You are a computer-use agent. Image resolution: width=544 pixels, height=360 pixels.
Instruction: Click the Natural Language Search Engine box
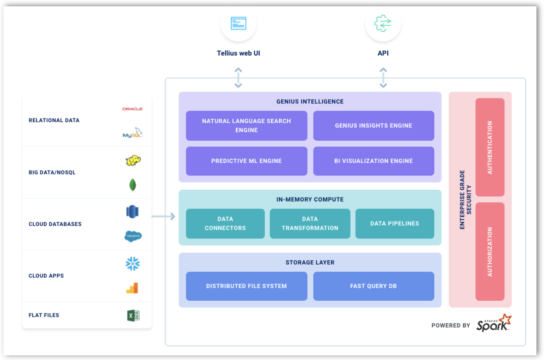pyautogui.click(x=246, y=125)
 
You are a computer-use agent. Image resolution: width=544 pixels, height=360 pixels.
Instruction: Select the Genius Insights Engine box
pyautogui.click(x=373, y=125)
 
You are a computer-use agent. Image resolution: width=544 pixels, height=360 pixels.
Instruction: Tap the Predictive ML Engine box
pyautogui.click(x=246, y=161)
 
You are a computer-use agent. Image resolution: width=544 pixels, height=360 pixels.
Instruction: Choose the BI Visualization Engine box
pyautogui.click(x=373, y=161)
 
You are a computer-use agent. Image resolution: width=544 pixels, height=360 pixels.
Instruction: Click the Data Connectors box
pyautogui.click(x=225, y=223)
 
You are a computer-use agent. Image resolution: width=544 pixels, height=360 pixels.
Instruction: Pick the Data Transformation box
pyautogui.click(x=310, y=223)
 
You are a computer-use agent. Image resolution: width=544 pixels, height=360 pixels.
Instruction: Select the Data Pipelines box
pyautogui.click(x=394, y=223)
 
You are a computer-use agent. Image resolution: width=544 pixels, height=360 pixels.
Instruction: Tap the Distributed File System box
pyautogui.click(x=246, y=286)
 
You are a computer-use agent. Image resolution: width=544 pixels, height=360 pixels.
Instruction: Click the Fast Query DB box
pyautogui.click(x=373, y=286)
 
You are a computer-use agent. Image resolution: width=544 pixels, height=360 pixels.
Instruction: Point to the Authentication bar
pyautogui.click(x=490, y=147)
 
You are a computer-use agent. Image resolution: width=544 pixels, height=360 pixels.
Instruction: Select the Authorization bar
pyautogui.click(x=490, y=251)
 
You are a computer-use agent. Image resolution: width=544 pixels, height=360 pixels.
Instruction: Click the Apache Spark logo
pyautogui.click(x=494, y=323)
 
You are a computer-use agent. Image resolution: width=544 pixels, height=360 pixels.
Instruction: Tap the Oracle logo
pyautogui.click(x=132, y=109)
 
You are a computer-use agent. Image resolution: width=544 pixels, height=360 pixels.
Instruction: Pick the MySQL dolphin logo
pyautogui.click(x=132, y=133)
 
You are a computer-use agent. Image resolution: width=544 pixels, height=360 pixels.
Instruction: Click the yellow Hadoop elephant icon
pyautogui.click(x=133, y=160)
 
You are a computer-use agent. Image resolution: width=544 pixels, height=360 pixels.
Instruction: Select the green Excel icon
pyautogui.click(x=133, y=315)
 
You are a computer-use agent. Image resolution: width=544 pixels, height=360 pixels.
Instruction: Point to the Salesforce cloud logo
pyautogui.click(x=133, y=236)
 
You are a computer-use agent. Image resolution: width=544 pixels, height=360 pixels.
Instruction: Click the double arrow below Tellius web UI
pyautogui.click(x=238, y=78)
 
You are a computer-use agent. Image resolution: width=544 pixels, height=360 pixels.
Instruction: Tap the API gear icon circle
pyautogui.click(x=383, y=24)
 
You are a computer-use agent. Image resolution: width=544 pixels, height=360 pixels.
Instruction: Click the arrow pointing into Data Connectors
pyautogui.click(x=164, y=217)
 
